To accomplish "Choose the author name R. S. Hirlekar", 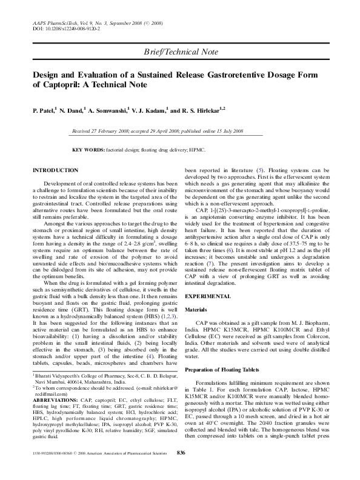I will pyautogui.click(x=204, y=112).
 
